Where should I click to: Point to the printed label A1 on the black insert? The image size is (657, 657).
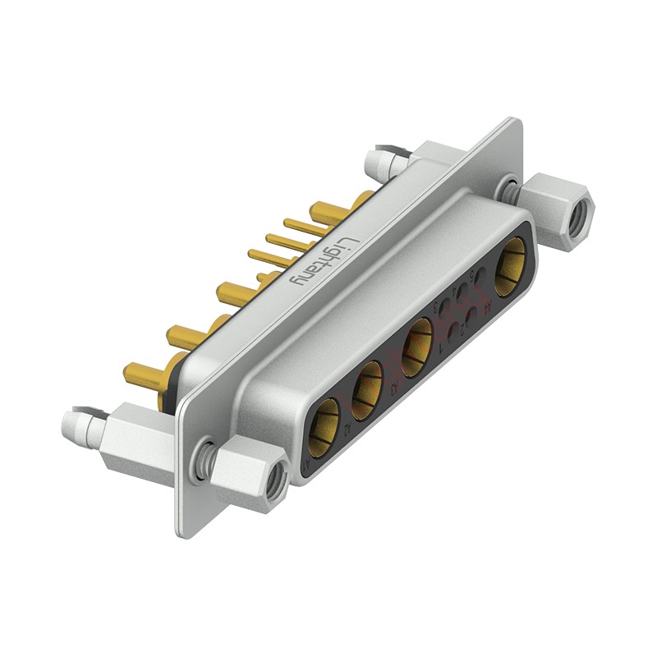point(306,465)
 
